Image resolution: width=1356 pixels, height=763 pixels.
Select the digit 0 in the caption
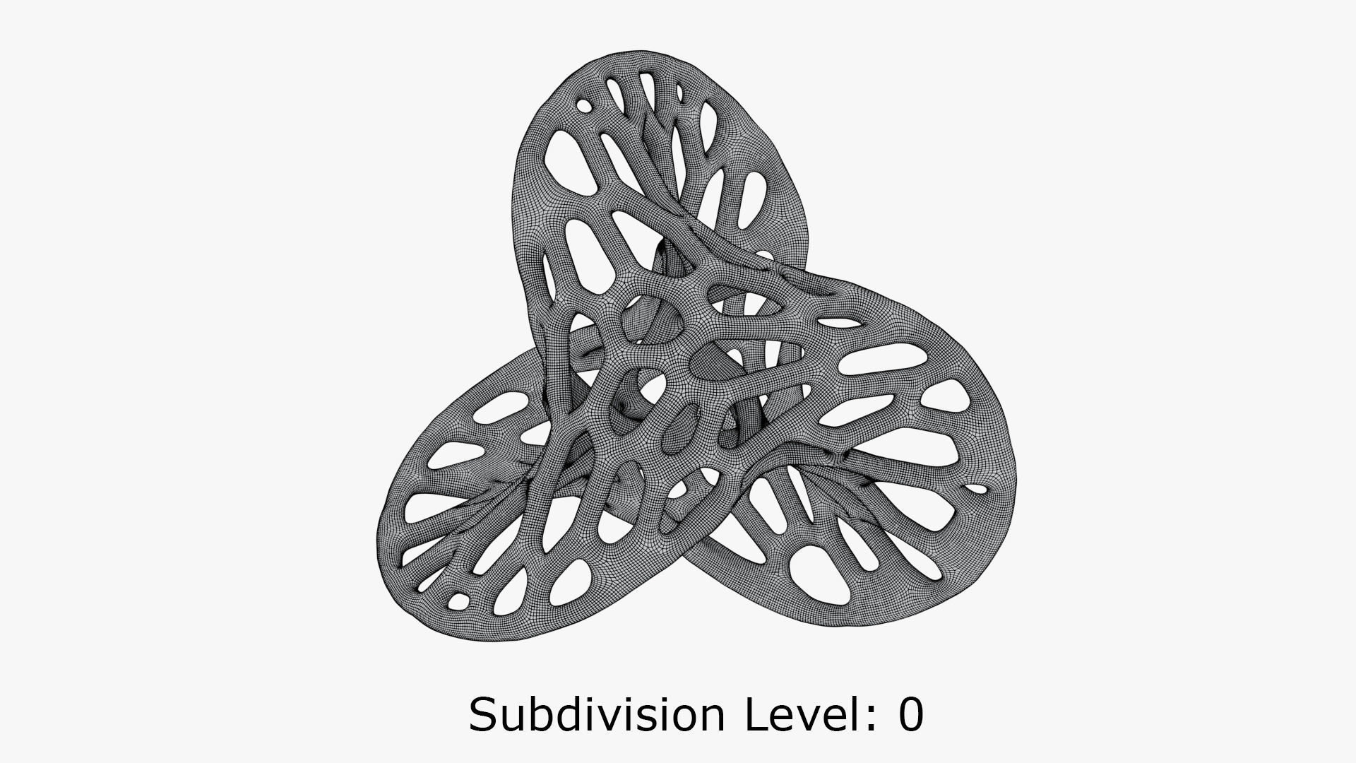pyautogui.click(x=910, y=715)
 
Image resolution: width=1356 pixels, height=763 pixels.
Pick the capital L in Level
pyautogui.click(x=759, y=714)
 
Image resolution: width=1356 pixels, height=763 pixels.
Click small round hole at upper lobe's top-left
pyautogui.click(x=585, y=106)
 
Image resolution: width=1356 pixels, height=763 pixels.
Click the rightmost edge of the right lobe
pyautogui.click(x=1018, y=480)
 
